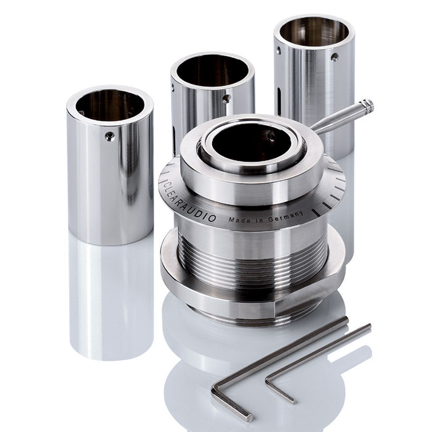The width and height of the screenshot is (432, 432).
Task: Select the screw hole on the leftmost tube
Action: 110,136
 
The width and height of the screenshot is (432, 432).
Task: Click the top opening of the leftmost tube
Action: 110,106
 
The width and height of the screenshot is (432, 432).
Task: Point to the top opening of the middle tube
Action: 212,71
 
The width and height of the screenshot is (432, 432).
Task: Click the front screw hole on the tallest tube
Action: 334,57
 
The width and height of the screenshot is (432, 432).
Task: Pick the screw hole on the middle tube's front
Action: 226,99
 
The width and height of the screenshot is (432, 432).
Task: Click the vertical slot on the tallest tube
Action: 280,102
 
